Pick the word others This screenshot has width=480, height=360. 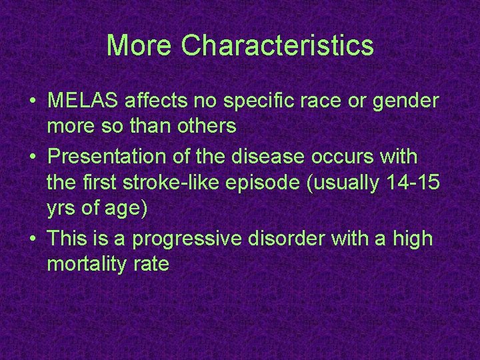tap(205, 126)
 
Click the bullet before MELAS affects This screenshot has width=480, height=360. tap(33, 102)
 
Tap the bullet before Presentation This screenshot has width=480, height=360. tap(33, 157)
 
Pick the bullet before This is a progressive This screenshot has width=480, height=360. tap(33, 239)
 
